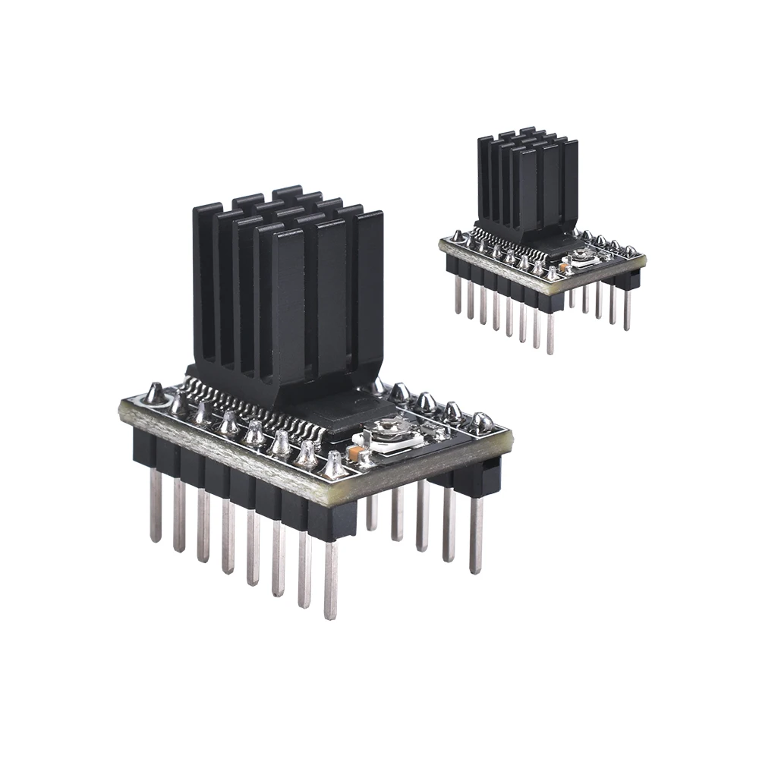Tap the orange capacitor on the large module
coord(353,453)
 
